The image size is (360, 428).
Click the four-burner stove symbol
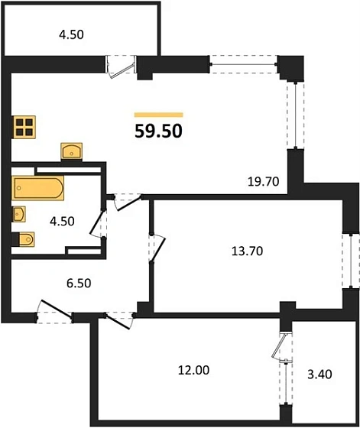pyautogui.click(x=24, y=126)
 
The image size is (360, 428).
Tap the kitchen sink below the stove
pyautogui.click(x=73, y=150)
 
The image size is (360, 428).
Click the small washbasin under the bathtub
pyautogui.click(x=20, y=212)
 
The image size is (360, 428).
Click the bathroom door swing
pyautogui.click(x=99, y=222)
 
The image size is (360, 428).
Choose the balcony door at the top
pyautogui.click(x=119, y=66)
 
